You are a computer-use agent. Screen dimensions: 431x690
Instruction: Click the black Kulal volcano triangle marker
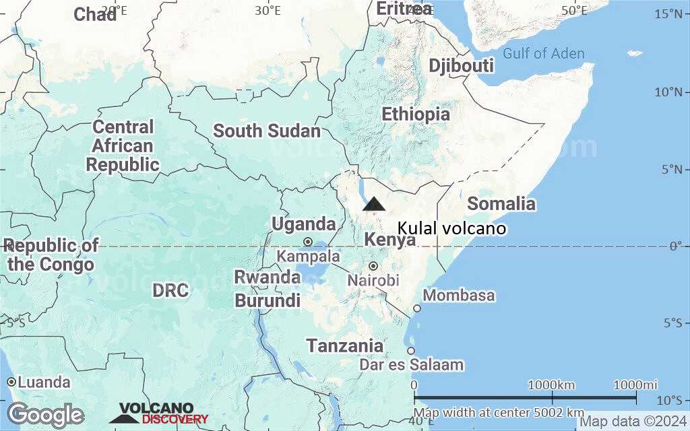point(374,204)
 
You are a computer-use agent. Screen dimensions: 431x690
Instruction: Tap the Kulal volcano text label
point(451,229)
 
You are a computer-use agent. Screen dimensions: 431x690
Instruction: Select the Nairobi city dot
point(373,266)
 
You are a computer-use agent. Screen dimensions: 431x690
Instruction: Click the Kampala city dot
point(308,242)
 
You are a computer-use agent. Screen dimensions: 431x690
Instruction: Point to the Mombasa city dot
point(417,308)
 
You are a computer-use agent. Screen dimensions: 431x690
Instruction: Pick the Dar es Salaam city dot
point(411,350)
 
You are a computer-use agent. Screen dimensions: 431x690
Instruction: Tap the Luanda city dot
point(11,382)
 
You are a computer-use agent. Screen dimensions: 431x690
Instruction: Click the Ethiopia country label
point(416,114)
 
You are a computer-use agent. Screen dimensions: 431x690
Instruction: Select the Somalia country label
point(501,203)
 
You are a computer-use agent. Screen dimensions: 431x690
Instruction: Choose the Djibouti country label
point(462,66)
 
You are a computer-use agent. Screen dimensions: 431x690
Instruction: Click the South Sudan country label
point(267,131)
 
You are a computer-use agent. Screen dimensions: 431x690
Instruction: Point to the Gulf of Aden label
point(543,54)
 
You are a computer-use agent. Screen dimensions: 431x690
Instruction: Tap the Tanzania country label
point(345,346)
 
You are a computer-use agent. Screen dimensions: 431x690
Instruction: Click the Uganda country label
point(303,224)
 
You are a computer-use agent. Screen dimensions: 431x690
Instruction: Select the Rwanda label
point(268,277)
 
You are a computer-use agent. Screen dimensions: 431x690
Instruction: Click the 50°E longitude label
point(575,10)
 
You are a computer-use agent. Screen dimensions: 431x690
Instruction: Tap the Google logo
point(46,414)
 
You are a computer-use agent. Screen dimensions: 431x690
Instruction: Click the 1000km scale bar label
point(551,385)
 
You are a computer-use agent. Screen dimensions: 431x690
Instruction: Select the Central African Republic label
point(123,145)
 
